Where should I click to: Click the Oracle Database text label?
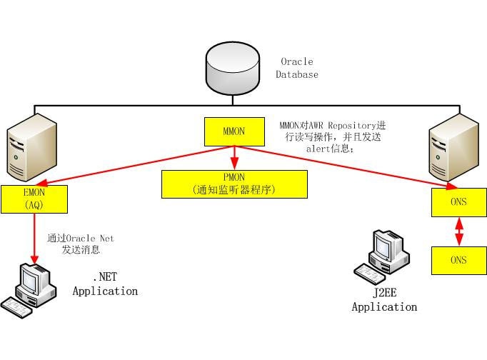(x=297, y=68)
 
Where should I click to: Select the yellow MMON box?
(x=234, y=131)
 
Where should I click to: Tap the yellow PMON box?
(x=234, y=184)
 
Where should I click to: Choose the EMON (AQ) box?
(x=34, y=199)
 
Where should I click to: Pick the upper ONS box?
(x=458, y=202)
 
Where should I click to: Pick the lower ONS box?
(x=458, y=260)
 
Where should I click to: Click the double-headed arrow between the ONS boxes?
(x=458, y=231)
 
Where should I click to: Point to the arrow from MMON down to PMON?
(x=234, y=157)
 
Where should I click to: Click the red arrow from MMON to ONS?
(x=343, y=166)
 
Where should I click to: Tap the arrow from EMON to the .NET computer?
(x=34, y=236)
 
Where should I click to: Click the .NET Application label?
(x=104, y=285)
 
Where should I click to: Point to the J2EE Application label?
(x=384, y=301)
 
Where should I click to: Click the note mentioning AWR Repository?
(x=330, y=136)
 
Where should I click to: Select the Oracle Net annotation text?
(x=80, y=244)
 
